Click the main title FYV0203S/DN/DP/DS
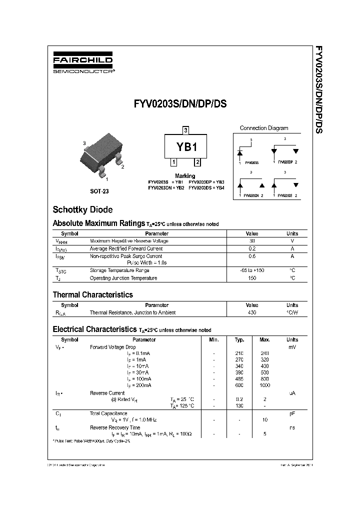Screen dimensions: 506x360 pos(180,104)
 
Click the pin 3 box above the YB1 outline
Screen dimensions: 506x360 pos(185,130)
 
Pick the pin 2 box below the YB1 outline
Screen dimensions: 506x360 pos(197,162)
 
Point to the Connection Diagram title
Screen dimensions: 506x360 pos(263,128)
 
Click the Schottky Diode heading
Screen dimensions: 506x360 pos(82,210)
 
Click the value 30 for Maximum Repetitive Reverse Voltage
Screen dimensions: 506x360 pos(252,241)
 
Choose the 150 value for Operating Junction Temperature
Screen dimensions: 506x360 pos(252,278)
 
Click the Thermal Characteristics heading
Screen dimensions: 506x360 pos(92,295)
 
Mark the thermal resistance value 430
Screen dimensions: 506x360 pos(252,312)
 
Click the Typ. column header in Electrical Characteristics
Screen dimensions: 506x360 pos(239,340)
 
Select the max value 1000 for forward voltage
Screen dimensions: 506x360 pos(265,385)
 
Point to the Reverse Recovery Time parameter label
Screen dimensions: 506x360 pos(115,427)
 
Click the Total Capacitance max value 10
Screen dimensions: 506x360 pos(265,420)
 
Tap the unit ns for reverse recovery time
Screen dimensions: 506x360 pos(292,427)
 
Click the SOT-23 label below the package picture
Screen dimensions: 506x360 pos(99,191)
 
